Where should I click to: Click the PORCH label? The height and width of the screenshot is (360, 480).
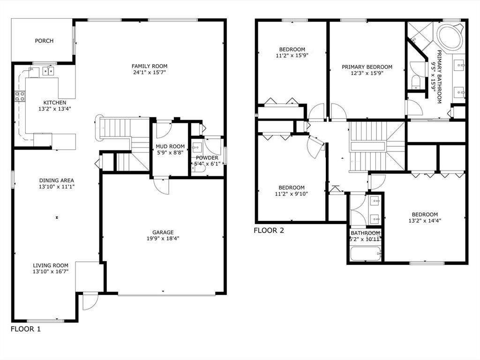tap(44, 41)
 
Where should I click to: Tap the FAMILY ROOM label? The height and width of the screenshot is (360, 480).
tap(149, 66)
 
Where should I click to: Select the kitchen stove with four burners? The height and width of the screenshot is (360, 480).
tap(20, 97)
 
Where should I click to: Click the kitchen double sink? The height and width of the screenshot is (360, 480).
tap(48, 71)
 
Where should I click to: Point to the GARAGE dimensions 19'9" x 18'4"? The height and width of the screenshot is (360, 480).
tap(163, 238)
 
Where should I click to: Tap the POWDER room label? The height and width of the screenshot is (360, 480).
tap(207, 158)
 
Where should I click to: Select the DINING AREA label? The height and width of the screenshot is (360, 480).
tap(57, 180)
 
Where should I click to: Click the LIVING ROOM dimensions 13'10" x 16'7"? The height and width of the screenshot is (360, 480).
tap(51, 271)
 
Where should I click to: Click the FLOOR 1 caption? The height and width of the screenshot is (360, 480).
tap(26, 329)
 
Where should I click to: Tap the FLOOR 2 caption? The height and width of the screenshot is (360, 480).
tap(269, 230)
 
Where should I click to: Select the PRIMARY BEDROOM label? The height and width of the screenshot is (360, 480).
tap(367, 67)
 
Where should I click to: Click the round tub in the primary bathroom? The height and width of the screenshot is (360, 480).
tap(450, 37)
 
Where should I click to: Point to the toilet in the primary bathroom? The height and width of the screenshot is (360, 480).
tap(416, 83)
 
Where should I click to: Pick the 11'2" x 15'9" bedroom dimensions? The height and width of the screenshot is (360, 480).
tap(292, 55)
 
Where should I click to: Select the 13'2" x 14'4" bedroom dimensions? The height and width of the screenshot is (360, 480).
tap(425, 220)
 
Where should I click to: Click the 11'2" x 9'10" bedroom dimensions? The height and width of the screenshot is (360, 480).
tap(291, 194)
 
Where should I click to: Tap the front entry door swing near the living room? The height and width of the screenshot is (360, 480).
tap(89, 301)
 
